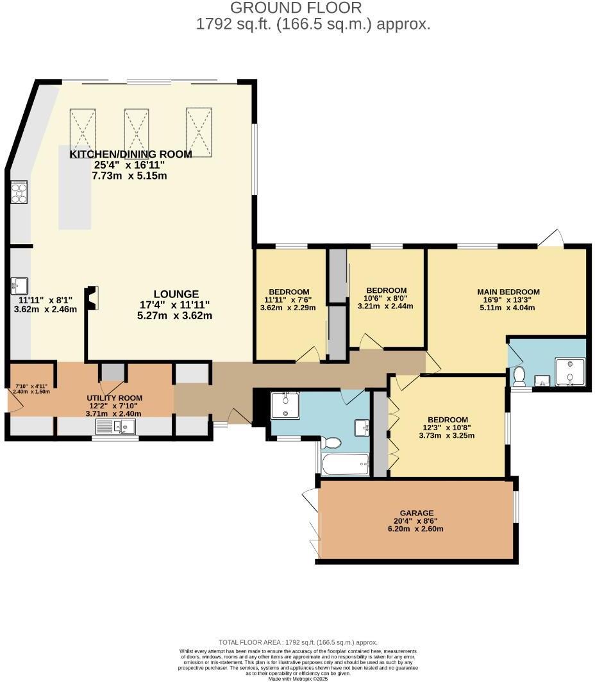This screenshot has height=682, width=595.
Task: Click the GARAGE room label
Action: pyautogui.click(x=417, y=513)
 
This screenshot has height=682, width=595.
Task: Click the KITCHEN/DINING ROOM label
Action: pyautogui.click(x=131, y=154)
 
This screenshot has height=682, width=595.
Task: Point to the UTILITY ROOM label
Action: pyautogui.click(x=114, y=398)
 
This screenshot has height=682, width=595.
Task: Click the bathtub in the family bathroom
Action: pyautogui.click(x=345, y=464)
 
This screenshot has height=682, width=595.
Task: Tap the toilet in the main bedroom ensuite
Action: pyautogui.click(x=519, y=377)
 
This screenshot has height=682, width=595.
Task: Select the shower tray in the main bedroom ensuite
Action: pyautogui.click(x=570, y=372)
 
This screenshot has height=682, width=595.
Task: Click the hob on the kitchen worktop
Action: pyautogui.click(x=19, y=192)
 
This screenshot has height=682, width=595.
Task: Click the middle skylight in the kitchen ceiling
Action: pyautogui.click(x=136, y=129)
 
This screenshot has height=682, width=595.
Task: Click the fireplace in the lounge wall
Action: pyautogui.click(x=92, y=299)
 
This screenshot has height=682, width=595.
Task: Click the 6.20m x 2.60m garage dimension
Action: pyautogui.click(x=417, y=529)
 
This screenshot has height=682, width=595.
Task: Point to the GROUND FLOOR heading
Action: pyautogui.click(x=296, y=8)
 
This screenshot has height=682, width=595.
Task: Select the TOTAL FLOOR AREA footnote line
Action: pyautogui.click(x=297, y=642)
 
